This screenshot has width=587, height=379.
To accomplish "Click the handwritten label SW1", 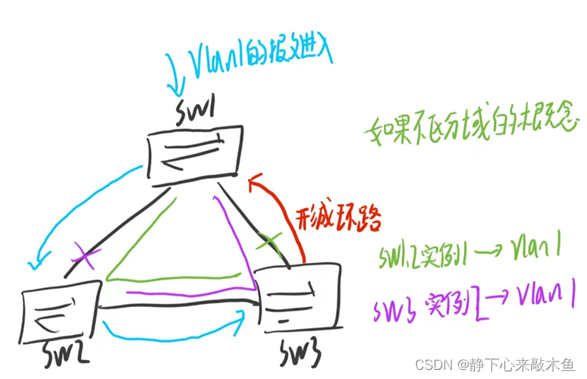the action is (x=202, y=114).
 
